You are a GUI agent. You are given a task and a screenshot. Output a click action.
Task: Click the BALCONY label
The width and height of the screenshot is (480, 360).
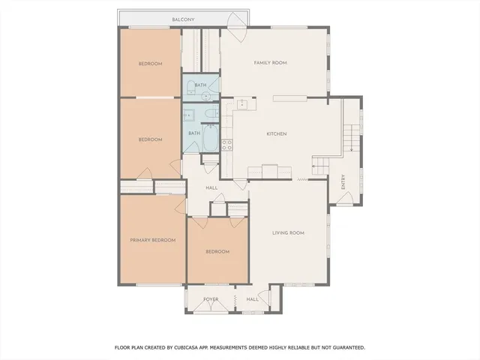pyautogui.click(x=182, y=19)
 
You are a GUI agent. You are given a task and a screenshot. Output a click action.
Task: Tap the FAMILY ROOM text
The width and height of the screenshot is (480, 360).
pyautogui.click(x=270, y=63)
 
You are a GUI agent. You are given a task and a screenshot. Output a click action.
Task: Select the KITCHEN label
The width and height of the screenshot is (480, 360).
pyautogui.click(x=277, y=133)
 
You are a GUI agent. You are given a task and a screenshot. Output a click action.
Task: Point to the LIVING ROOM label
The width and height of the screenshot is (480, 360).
pyautogui.click(x=287, y=233)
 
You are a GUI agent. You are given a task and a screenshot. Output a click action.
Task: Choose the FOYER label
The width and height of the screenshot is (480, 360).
pyautogui.click(x=211, y=298)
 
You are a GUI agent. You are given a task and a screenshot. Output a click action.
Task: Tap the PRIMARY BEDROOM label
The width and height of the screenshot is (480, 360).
pyautogui.click(x=152, y=240)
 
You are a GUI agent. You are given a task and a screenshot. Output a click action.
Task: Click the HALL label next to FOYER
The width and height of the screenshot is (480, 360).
pyautogui.click(x=252, y=298)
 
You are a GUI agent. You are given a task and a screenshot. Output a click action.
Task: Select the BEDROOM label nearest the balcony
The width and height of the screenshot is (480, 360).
pyautogui.click(x=150, y=64)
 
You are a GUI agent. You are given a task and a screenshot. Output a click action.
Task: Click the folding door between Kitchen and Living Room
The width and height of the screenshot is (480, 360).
pyautogui.click(x=303, y=179)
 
